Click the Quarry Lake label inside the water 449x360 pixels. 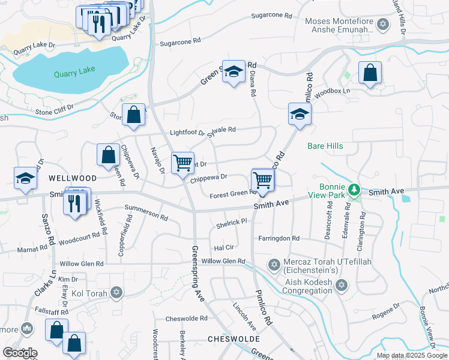pyautogui.click(x=74, y=73)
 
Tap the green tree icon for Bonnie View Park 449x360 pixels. pyautogui.click(x=355, y=190)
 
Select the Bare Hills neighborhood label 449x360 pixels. pyautogui.click(x=325, y=146)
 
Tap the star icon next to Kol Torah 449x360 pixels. pyautogui.click(x=116, y=292)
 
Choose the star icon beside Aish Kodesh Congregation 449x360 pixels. pyautogui.click(x=342, y=284)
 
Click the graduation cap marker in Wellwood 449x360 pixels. pyautogui.click(x=25, y=178)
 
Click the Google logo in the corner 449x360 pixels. pyautogui.click(x=20, y=353)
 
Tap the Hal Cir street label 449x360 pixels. pyautogui.click(x=223, y=247)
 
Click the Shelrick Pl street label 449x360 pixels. pyautogui.click(x=231, y=222)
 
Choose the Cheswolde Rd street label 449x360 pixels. pyautogui.click(x=186, y=319)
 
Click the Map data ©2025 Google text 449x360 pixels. pyautogui.click(x=411, y=355)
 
